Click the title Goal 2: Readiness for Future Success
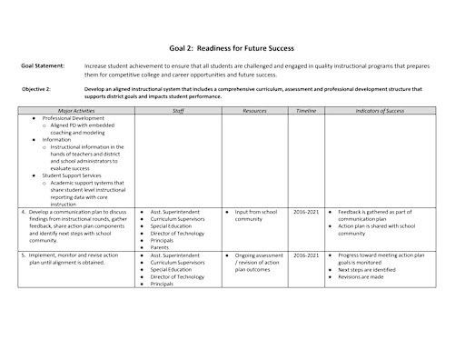point(232,47)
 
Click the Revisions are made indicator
point(364,277)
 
